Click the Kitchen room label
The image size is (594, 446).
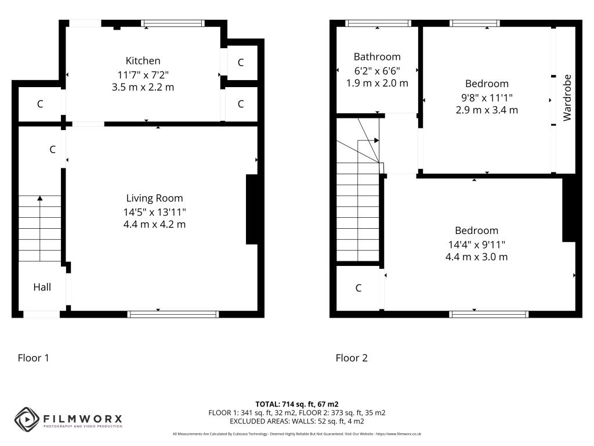tap(143, 61)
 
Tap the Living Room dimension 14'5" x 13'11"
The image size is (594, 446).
tap(154, 212)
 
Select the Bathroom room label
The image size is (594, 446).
tap(377, 57)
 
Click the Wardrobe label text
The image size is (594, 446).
tap(567, 98)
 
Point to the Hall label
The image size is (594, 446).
tap(42, 287)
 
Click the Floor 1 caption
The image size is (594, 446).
tap(34, 358)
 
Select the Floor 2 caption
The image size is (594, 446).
tap(352, 358)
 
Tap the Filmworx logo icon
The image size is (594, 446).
tap(26, 418)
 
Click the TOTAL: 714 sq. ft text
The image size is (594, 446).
tap(297, 404)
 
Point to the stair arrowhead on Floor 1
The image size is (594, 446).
tap(40, 199)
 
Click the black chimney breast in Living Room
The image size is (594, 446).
tap(252, 209)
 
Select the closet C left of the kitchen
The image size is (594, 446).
tap(40, 105)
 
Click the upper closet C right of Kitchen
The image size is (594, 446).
tap(241, 63)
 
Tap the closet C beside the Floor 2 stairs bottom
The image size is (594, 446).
tap(358, 288)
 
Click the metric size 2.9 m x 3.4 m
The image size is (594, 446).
tap(487, 110)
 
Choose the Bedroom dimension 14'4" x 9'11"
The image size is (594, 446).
tap(476, 244)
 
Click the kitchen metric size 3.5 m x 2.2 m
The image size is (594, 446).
tap(143, 87)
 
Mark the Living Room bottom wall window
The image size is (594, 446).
tap(173, 314)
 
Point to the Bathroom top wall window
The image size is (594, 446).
tap(378, 23)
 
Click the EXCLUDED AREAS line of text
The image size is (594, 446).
tap(297, 421)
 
